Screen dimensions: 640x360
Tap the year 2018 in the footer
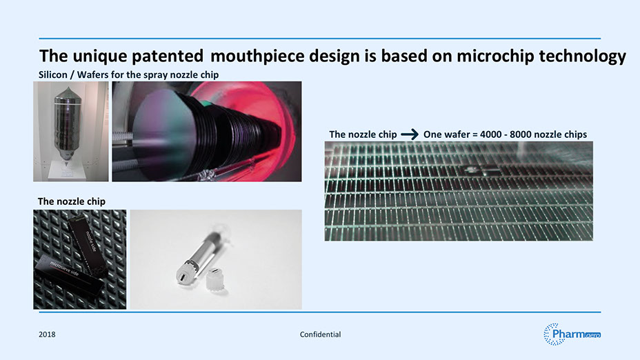point(47,334)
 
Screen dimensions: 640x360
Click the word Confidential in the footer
point(320,334)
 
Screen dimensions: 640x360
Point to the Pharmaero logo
point(572,334)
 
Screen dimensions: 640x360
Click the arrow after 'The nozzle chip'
point(410,134)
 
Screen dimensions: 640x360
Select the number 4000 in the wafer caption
point(490,134)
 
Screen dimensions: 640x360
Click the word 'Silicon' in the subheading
point(52,74)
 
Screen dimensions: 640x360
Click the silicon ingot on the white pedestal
point(68,123)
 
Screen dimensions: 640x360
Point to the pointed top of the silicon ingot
point(68,88)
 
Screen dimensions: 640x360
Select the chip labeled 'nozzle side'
point(87,243)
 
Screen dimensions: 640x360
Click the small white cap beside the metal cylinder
point(214,279)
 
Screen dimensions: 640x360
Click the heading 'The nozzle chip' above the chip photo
point(72,201)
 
